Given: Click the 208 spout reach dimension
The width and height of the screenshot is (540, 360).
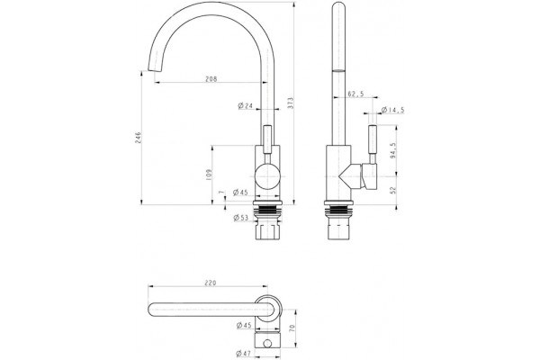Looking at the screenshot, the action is [x=211, y=79].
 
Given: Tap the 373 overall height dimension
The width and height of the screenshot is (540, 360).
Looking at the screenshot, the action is [x=291, y=103].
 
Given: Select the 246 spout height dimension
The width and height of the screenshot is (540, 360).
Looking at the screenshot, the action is [x=139, y=138].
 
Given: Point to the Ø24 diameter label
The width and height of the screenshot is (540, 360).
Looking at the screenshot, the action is [x=245, y=106].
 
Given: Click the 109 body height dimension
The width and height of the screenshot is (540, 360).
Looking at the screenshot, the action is [x=210, y=175].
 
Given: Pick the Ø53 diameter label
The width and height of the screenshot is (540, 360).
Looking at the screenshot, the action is [x=240, y=218].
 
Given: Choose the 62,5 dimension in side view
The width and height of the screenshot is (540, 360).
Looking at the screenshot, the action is [x=355, y=94].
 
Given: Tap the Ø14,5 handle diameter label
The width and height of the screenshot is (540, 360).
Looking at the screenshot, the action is [x=392, y=110].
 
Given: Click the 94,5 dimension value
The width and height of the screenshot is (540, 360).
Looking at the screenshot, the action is [x=393, y=150].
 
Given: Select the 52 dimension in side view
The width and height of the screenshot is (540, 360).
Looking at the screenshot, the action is [x=393, y=190].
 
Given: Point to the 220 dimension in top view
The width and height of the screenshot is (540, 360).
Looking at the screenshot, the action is [x=211, y=283].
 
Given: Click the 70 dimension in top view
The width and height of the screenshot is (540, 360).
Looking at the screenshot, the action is [x=292, y=328].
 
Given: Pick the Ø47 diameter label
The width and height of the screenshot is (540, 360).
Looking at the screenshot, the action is [x=243, y=353].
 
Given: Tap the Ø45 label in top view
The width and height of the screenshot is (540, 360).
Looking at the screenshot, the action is [x=244, y=325].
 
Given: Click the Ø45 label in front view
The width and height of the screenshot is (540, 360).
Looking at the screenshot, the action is [x=240, y=193].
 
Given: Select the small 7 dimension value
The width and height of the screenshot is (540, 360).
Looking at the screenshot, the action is [x=221, y=193].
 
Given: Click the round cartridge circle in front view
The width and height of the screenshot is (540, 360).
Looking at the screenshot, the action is [x=267, y=176].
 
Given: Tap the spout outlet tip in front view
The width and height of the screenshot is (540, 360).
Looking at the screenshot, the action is [x=154, y=70].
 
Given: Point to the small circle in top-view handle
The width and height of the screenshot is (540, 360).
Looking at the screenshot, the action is [x=267, y=344].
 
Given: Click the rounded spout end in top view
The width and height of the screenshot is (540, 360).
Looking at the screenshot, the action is [x=150, y=310].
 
